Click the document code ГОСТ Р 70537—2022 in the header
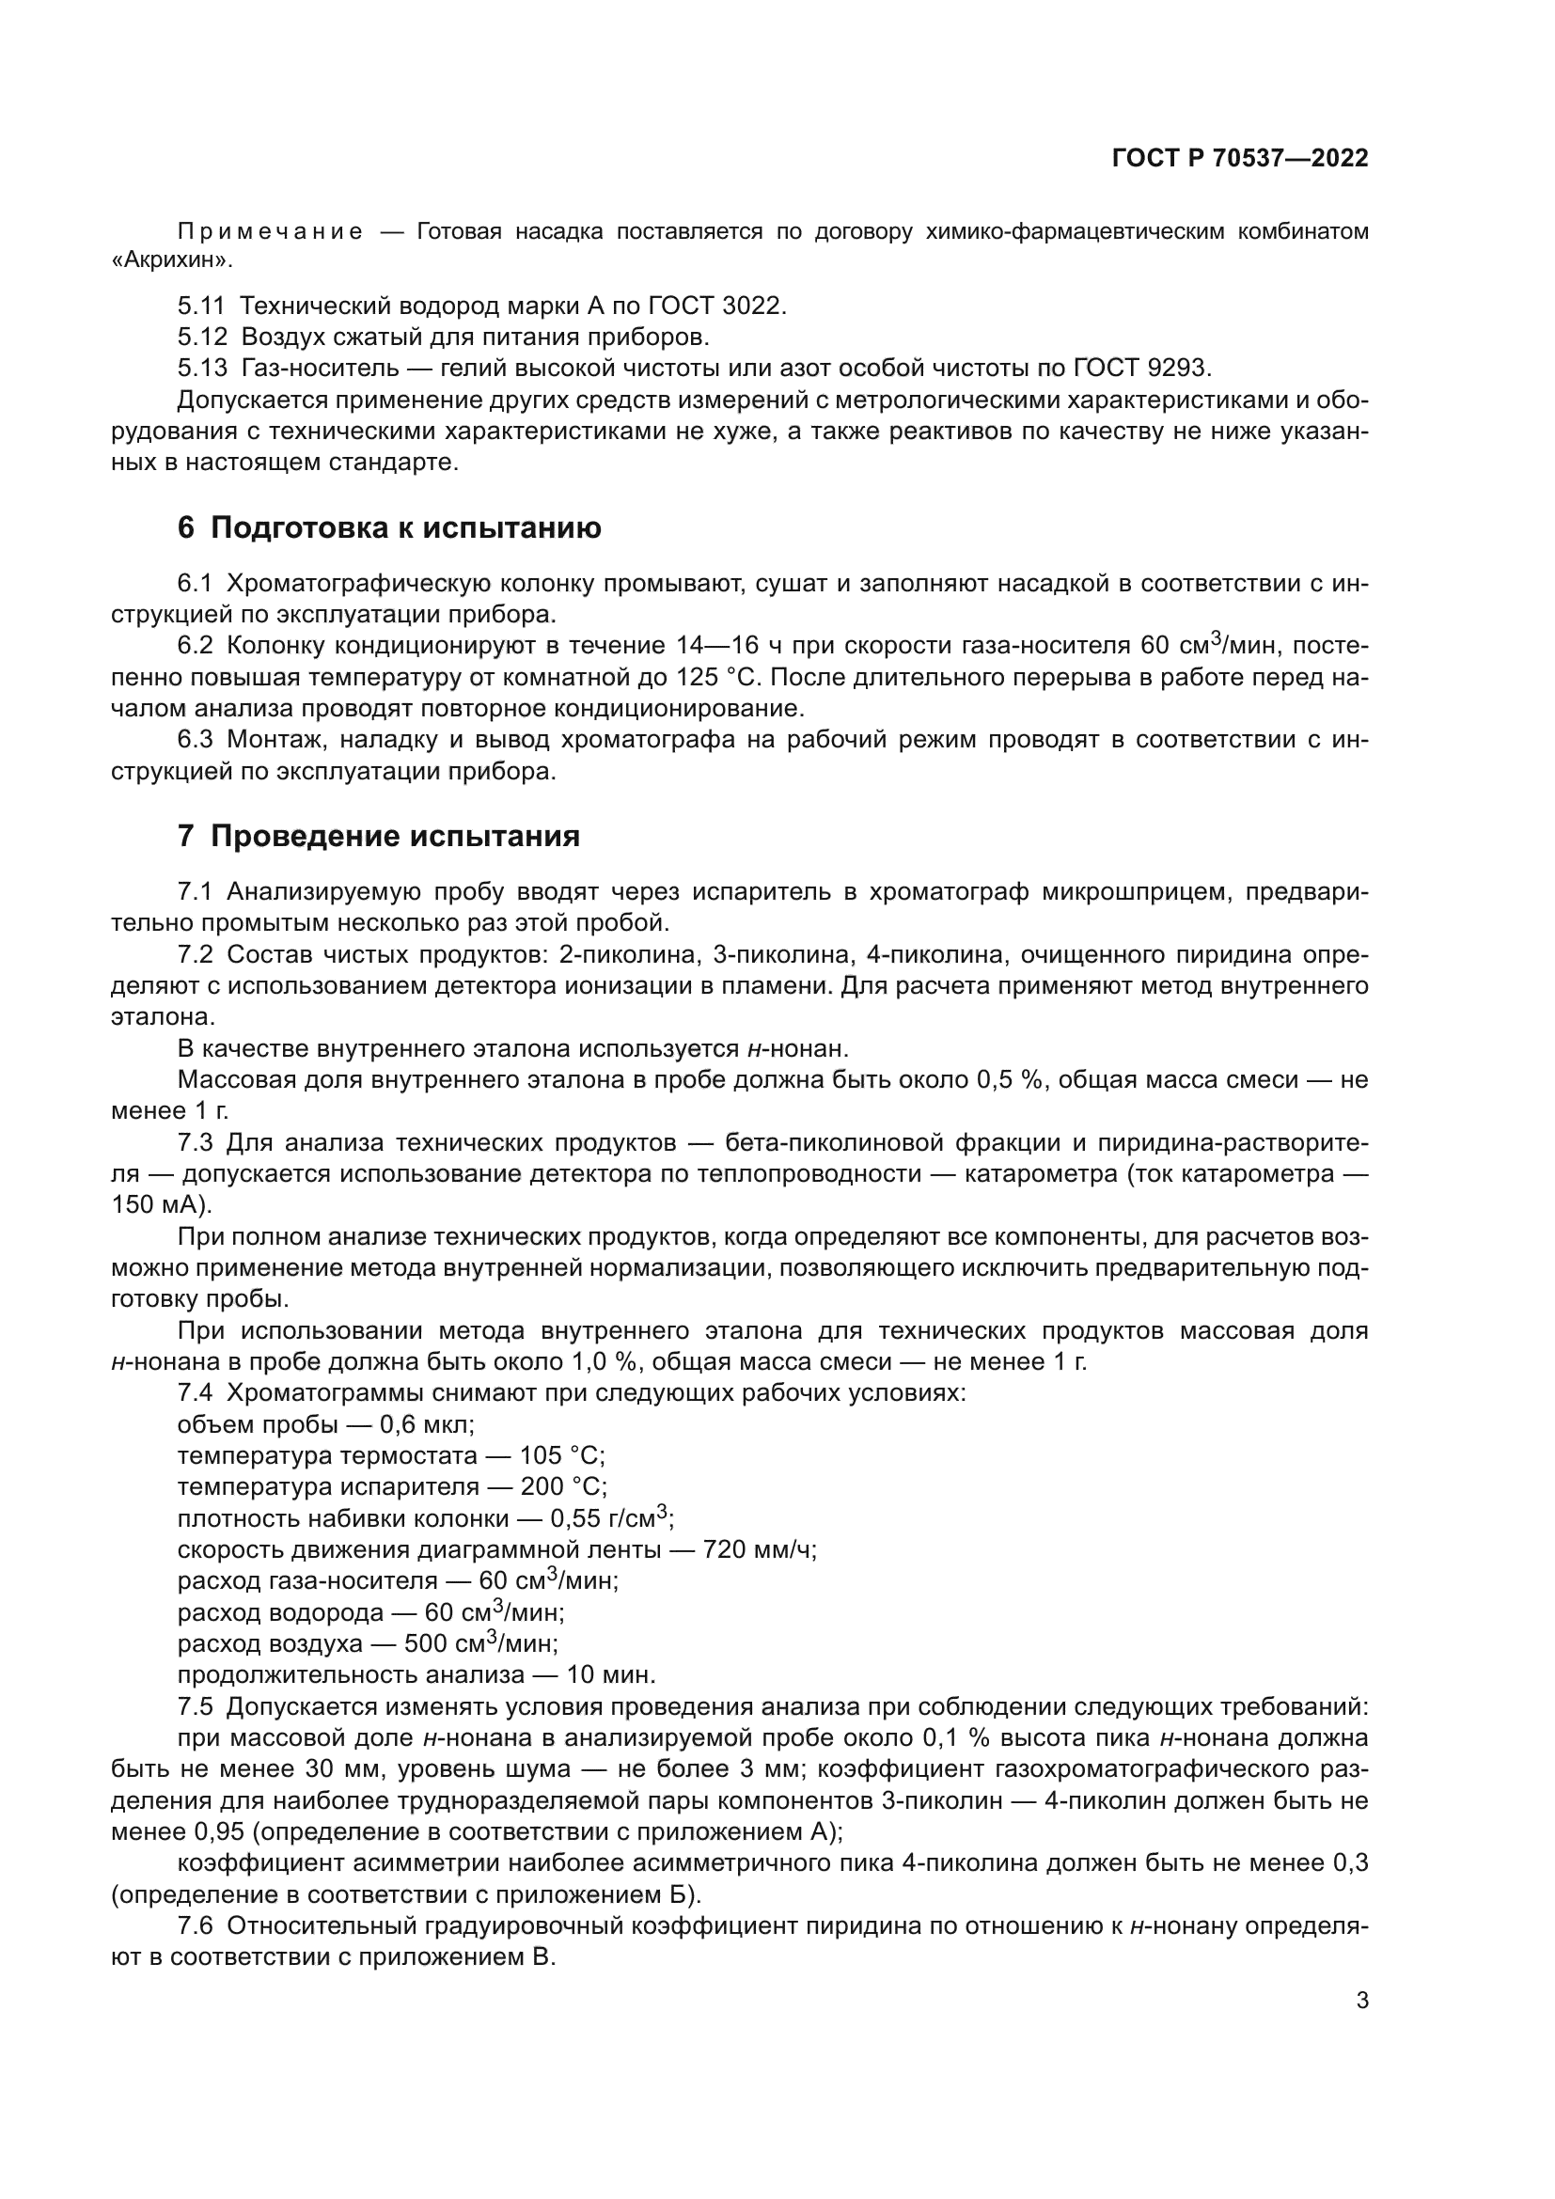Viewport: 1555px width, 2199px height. pyautogui.click(x=1240, y=159)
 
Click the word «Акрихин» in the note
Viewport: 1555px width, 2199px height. pyautogui.click(x=170, y=259)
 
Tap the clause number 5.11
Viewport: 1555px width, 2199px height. pyautogui.click(x=200, y=306)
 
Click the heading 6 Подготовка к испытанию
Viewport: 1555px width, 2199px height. pyautogui.click(x=389, y=527)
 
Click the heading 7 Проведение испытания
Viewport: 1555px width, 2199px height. pyautogui.click(x=378, y=836)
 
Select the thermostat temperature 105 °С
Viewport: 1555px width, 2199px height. pyautogui.click(x=561, y=1455)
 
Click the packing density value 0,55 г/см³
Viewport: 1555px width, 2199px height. pyautogui.click(x=611, y=1518)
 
